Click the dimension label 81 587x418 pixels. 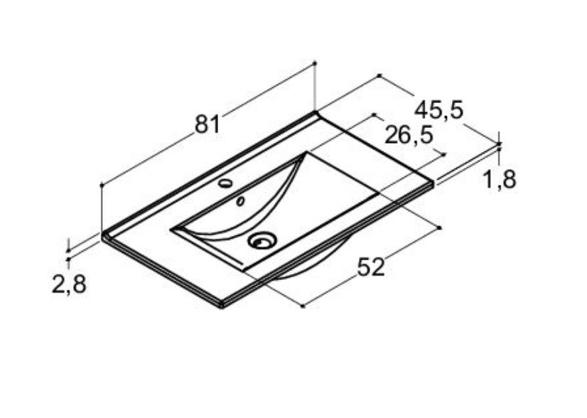pos(208,124)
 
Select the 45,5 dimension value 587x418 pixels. pos(438,110)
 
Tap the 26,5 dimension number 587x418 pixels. pos(409,135)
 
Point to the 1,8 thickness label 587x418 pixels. pos(500,179)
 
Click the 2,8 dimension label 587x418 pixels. pos(69,284)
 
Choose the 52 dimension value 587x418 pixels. pos(371,267)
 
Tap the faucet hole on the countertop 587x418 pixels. pos(225,183)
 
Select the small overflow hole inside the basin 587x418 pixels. pos(240,201)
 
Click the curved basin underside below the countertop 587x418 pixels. pos(314,262)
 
